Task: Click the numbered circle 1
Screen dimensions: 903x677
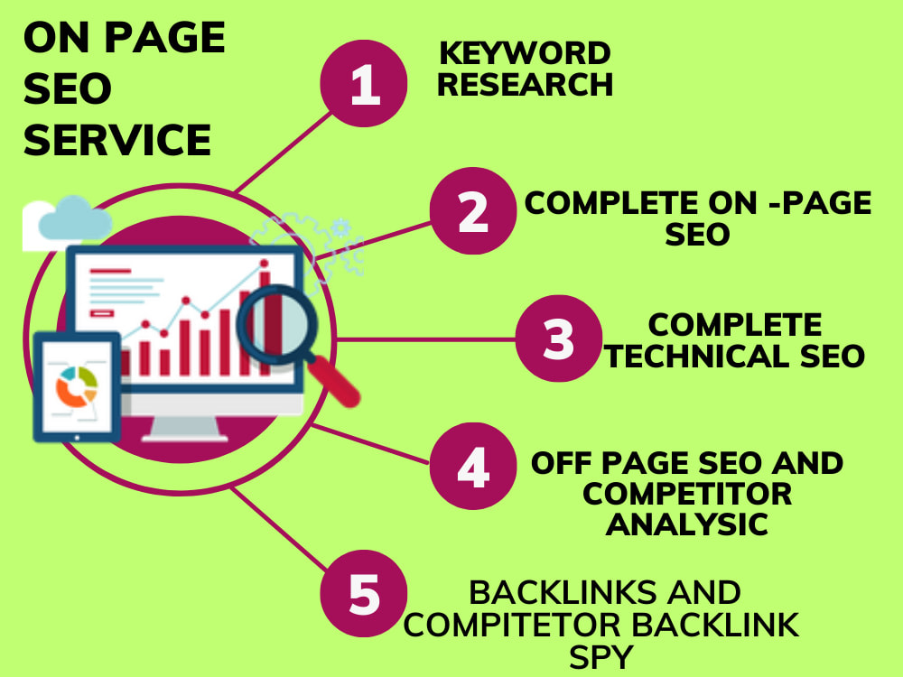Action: tap(364, 83)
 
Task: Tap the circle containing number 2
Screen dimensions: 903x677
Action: tap(473, 210)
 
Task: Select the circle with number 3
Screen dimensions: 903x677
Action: tap(559, 338)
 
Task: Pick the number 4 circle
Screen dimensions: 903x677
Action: tap(473, 467)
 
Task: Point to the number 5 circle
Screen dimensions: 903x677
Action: tap(364, 594)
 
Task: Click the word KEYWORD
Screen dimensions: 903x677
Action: tap(525, 53)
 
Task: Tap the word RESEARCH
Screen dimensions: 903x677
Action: tap(525, 85)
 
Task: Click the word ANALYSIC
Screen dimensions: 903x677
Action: tap(687, 524)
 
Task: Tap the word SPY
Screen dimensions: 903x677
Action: tap(601, 657)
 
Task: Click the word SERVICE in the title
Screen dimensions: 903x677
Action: tap(117, 140)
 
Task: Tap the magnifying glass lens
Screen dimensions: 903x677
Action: tap(277, 325)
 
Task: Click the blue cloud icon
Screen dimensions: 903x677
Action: tap(75, 218)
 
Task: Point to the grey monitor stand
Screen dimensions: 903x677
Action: tap(184, 428)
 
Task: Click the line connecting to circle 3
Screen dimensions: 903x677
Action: tap(425, 339)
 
